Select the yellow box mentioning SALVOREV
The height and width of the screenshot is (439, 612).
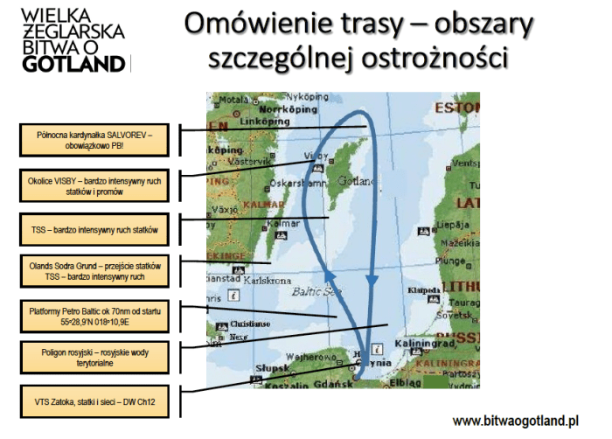95,139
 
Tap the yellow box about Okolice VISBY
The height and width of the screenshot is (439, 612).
95,184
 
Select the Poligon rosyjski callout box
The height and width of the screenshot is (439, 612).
95,358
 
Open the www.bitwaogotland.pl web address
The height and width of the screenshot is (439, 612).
516,420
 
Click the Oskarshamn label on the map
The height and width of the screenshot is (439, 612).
275,184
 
